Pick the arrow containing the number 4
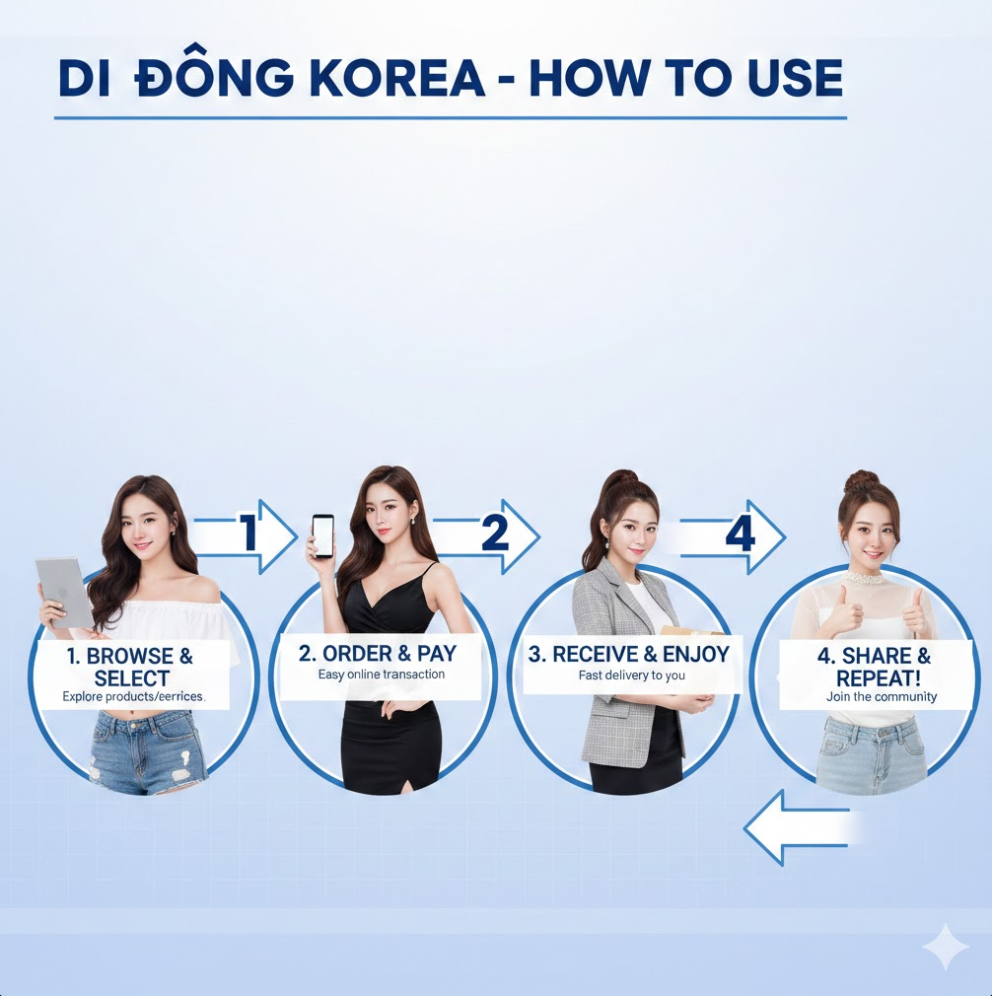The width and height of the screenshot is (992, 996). click(735, 535)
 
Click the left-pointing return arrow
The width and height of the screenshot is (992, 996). click(794, 826)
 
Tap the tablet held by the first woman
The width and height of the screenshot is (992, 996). click(64, 591)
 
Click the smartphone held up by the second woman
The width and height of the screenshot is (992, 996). click(322, 536)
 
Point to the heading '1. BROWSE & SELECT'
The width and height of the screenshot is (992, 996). click(131, 668)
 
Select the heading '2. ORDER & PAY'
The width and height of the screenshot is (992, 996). click(378, 654)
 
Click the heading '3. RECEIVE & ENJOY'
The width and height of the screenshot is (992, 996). click(627, 654)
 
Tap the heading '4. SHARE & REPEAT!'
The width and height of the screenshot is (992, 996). click(872, 668)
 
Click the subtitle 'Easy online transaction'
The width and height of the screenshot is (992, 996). click(381, 676)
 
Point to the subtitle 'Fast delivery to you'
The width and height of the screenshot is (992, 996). click(631, 676)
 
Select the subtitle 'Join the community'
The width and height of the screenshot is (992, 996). click(881, 697)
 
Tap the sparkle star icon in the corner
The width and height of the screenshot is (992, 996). click(945, 947)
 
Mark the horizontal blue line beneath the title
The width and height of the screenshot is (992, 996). click(450, 118)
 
